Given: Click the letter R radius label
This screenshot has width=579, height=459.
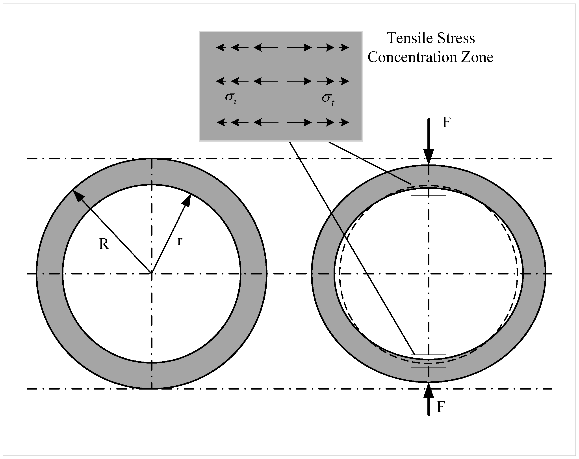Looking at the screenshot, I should [x=104, y=244].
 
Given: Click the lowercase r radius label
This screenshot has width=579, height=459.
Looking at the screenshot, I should [x=180, y=241].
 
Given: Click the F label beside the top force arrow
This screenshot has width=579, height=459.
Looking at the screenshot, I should [x=446, y=123].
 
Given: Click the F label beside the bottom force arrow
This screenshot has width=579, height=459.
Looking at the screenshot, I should [x=441, y=407].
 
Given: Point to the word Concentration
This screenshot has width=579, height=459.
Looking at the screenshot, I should [x=412, y=57].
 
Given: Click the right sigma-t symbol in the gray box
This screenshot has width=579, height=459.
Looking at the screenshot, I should [x=328, y=99].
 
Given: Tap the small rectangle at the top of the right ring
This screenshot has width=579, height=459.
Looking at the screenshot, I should [x=428, y=189].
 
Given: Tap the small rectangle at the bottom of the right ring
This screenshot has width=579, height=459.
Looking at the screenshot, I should [x=428, y=361].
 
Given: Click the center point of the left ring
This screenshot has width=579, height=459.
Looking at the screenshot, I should [x=152, y=274].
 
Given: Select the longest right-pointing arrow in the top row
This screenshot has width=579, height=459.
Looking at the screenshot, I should [x=299, y=48].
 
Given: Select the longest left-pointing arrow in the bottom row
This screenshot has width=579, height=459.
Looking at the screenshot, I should [x=266, y=123].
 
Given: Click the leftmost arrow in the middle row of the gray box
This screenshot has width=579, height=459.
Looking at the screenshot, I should [x=221, y=81].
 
